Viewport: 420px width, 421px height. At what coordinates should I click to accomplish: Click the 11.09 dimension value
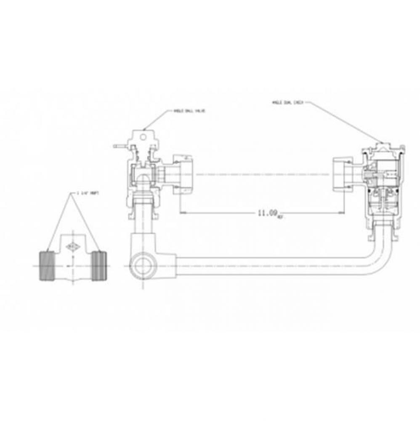[266, 213]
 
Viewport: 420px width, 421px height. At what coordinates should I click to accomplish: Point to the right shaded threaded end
[99, 266]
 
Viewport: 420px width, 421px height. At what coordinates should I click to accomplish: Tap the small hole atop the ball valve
[144, 136]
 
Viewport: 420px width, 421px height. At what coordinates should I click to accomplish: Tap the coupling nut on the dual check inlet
[343, 173]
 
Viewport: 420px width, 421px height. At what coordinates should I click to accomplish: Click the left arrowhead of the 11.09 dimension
[182, 213]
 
